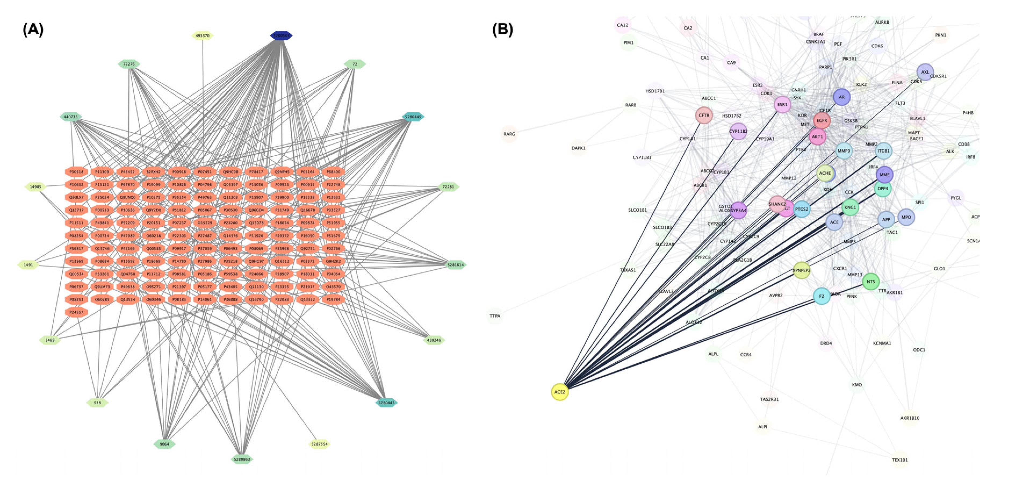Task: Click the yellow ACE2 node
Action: click(x=559, y=392)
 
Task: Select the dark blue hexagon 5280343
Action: click(x=281, y=36)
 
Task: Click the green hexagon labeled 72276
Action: click(x=129, y=64)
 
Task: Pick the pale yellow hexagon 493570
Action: click(x=202, y=36)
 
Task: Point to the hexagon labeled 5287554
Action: click(x=319, y=444)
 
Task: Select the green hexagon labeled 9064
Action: click(x=164, y=444)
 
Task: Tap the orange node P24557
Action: click(x=76, y=312)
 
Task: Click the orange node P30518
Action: click(x=76, y=172)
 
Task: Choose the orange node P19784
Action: click(x=333, y=299)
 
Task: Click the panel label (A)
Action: click(x=33, y=29)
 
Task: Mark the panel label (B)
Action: click(x=502, y=29)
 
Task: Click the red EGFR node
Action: click(x=822, y=121)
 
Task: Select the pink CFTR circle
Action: click(x=704, y=115)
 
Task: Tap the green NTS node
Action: click(x=870, y=281)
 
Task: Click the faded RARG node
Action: click(x=509, y=134)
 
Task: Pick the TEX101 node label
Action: click(x=899, y=460)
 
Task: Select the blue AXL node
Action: click(x=925, y=72)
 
